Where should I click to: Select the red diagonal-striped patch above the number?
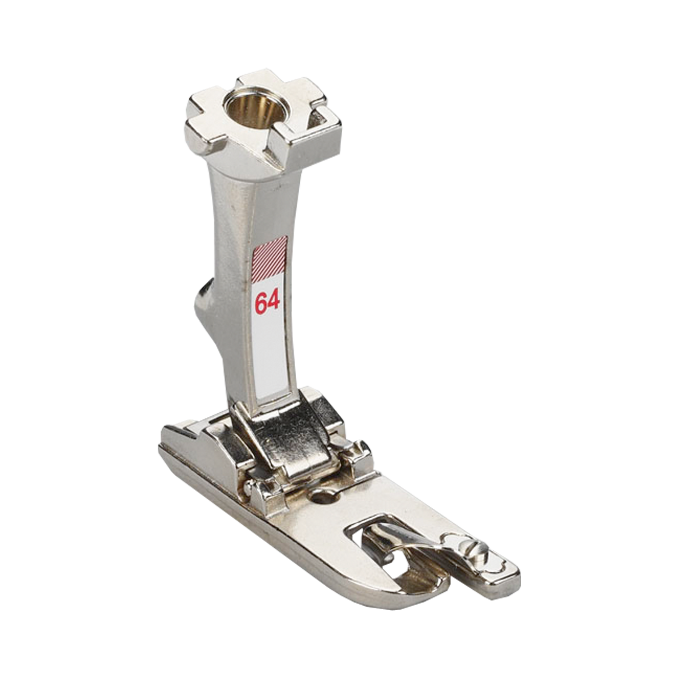click(x=269, y=259)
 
